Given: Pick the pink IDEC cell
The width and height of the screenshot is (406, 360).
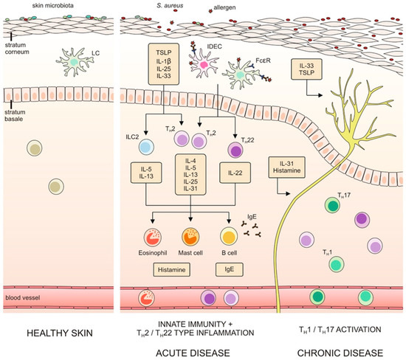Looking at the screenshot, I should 202,67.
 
